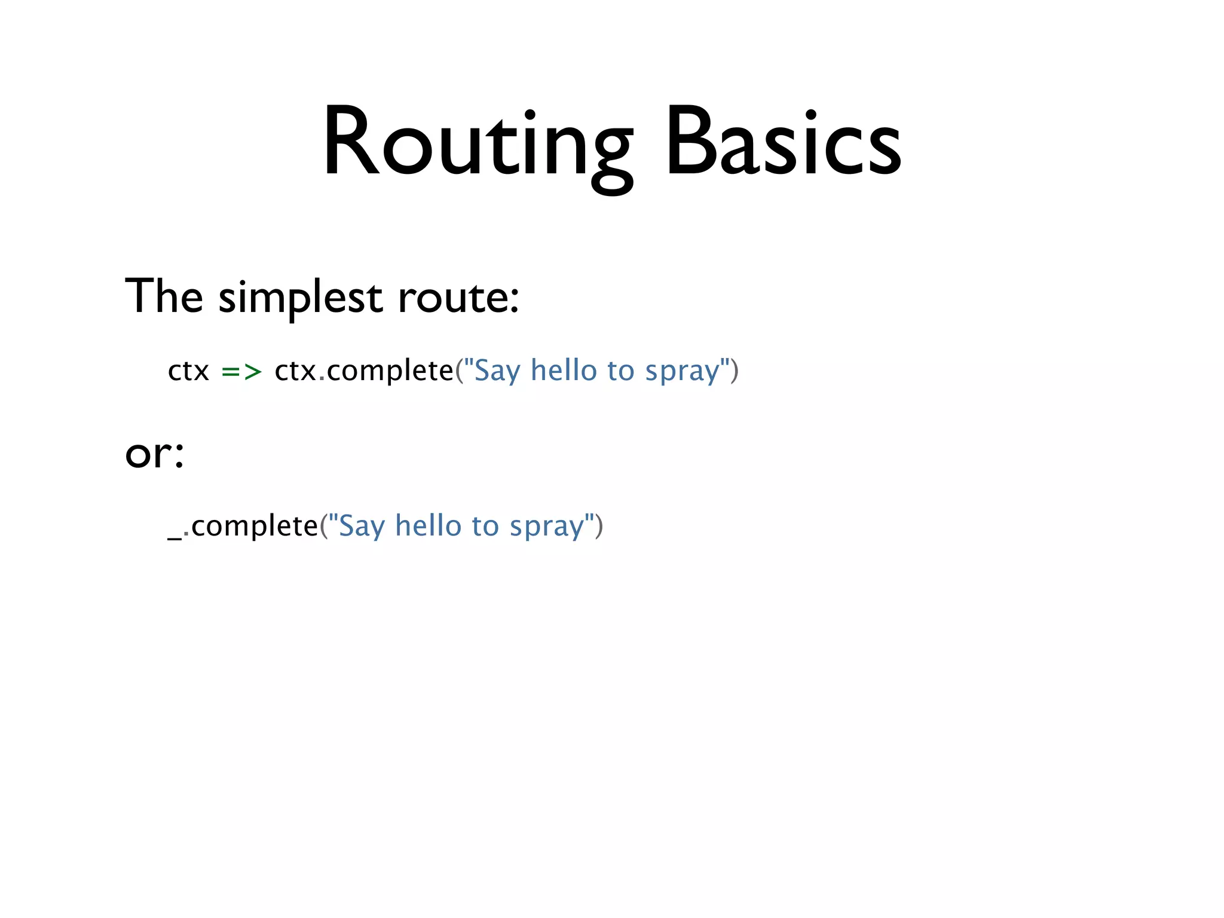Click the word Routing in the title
click(x=477, y=143)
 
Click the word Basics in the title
click(x=783, y=143)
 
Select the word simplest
click(x=300, y=298)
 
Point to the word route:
click(x=458, y=298)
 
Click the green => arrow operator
click(x=241, y=372)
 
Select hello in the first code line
click(x=564, y=371)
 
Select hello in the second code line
click(x=428, y=526)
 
